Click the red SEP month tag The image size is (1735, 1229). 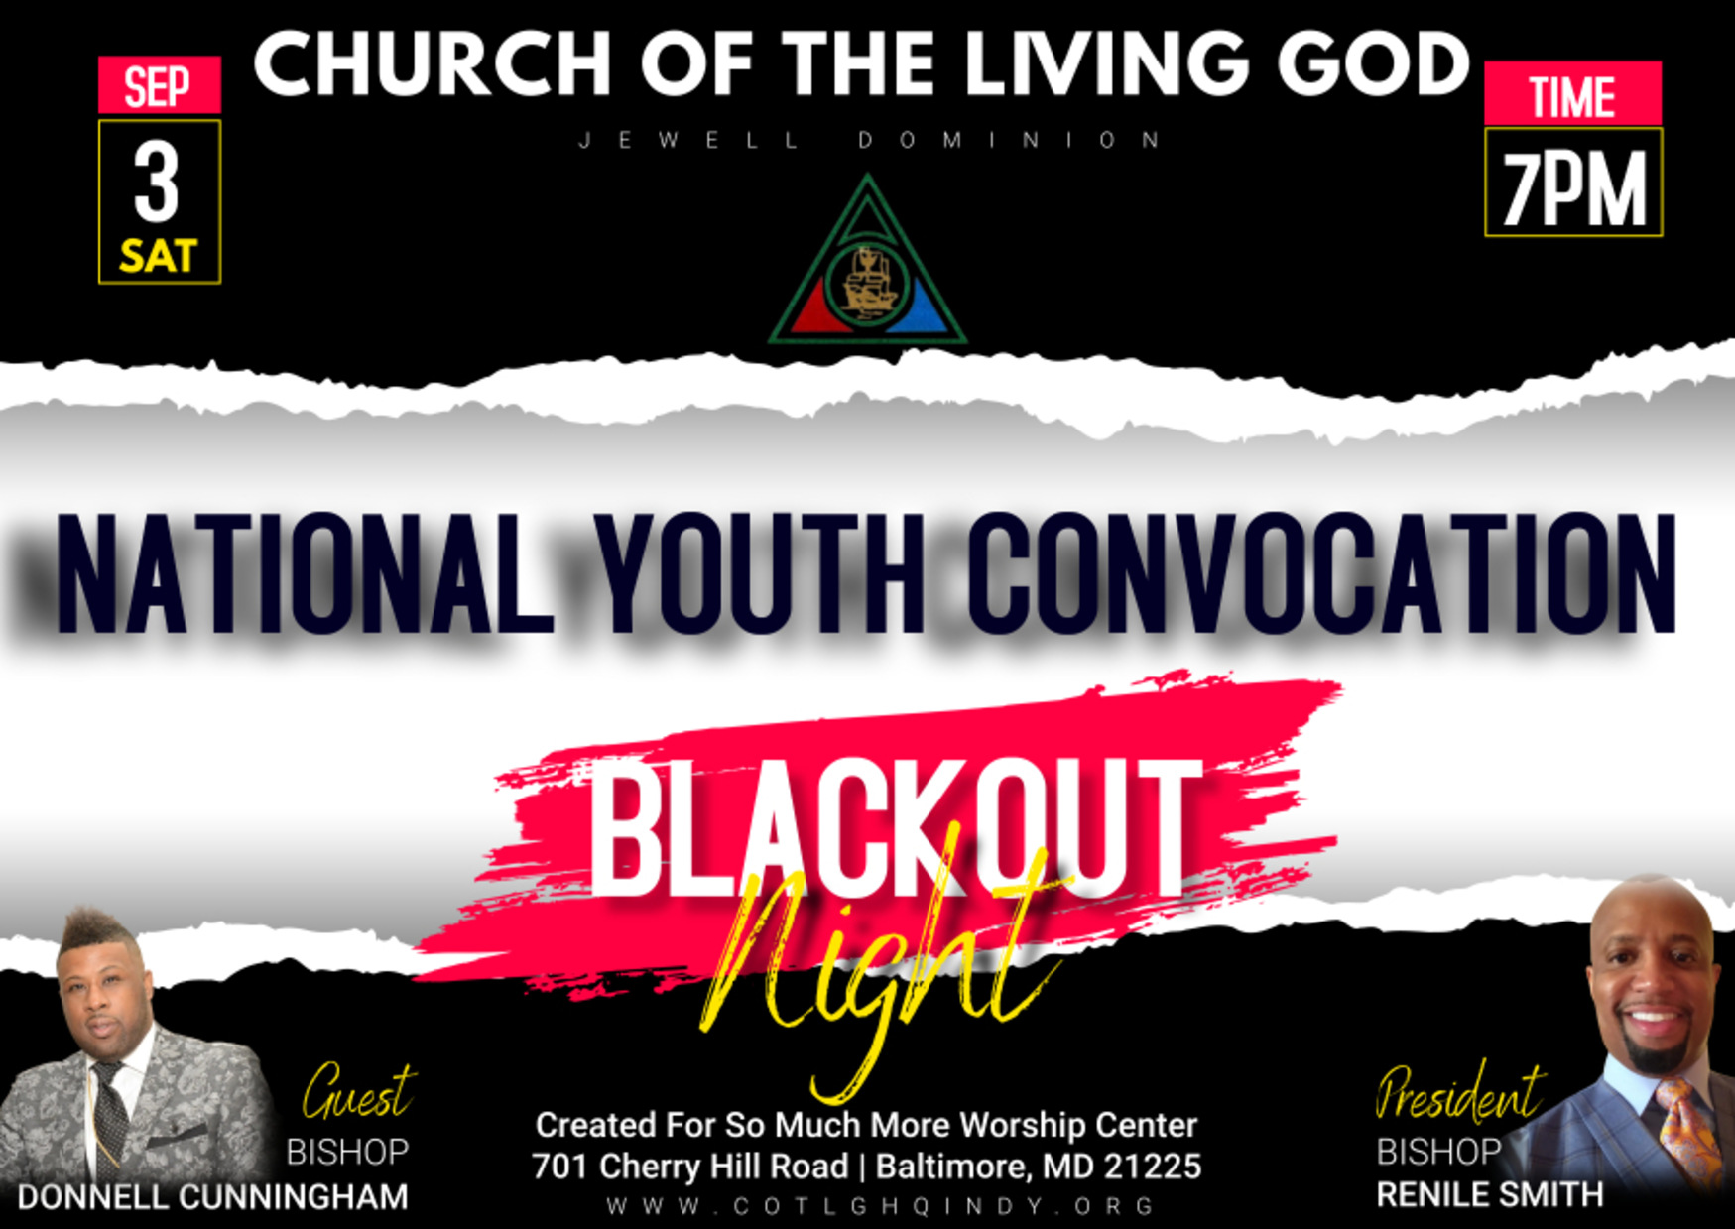coord(159,84)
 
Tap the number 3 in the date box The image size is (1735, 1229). coord(157,184)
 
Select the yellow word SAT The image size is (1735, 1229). coord(159,257)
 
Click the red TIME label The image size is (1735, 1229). coord(1572,94)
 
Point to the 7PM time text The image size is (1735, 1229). coord(1573,188)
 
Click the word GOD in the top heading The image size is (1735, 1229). coord(1372,63)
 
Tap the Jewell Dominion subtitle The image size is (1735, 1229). coord(869,140)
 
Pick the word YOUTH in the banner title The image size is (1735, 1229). coord(764,572)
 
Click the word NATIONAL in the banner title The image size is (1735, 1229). coord(305,572)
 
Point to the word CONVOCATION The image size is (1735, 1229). coord(1322,572)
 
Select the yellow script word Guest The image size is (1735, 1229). coord(359,1093)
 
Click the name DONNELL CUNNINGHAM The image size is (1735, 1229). coord(212,1197)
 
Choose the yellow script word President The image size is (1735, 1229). coord(1459,1093)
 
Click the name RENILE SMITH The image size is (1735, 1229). coord(1489,1194)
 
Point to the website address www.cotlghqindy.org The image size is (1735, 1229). coord(881,1207)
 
